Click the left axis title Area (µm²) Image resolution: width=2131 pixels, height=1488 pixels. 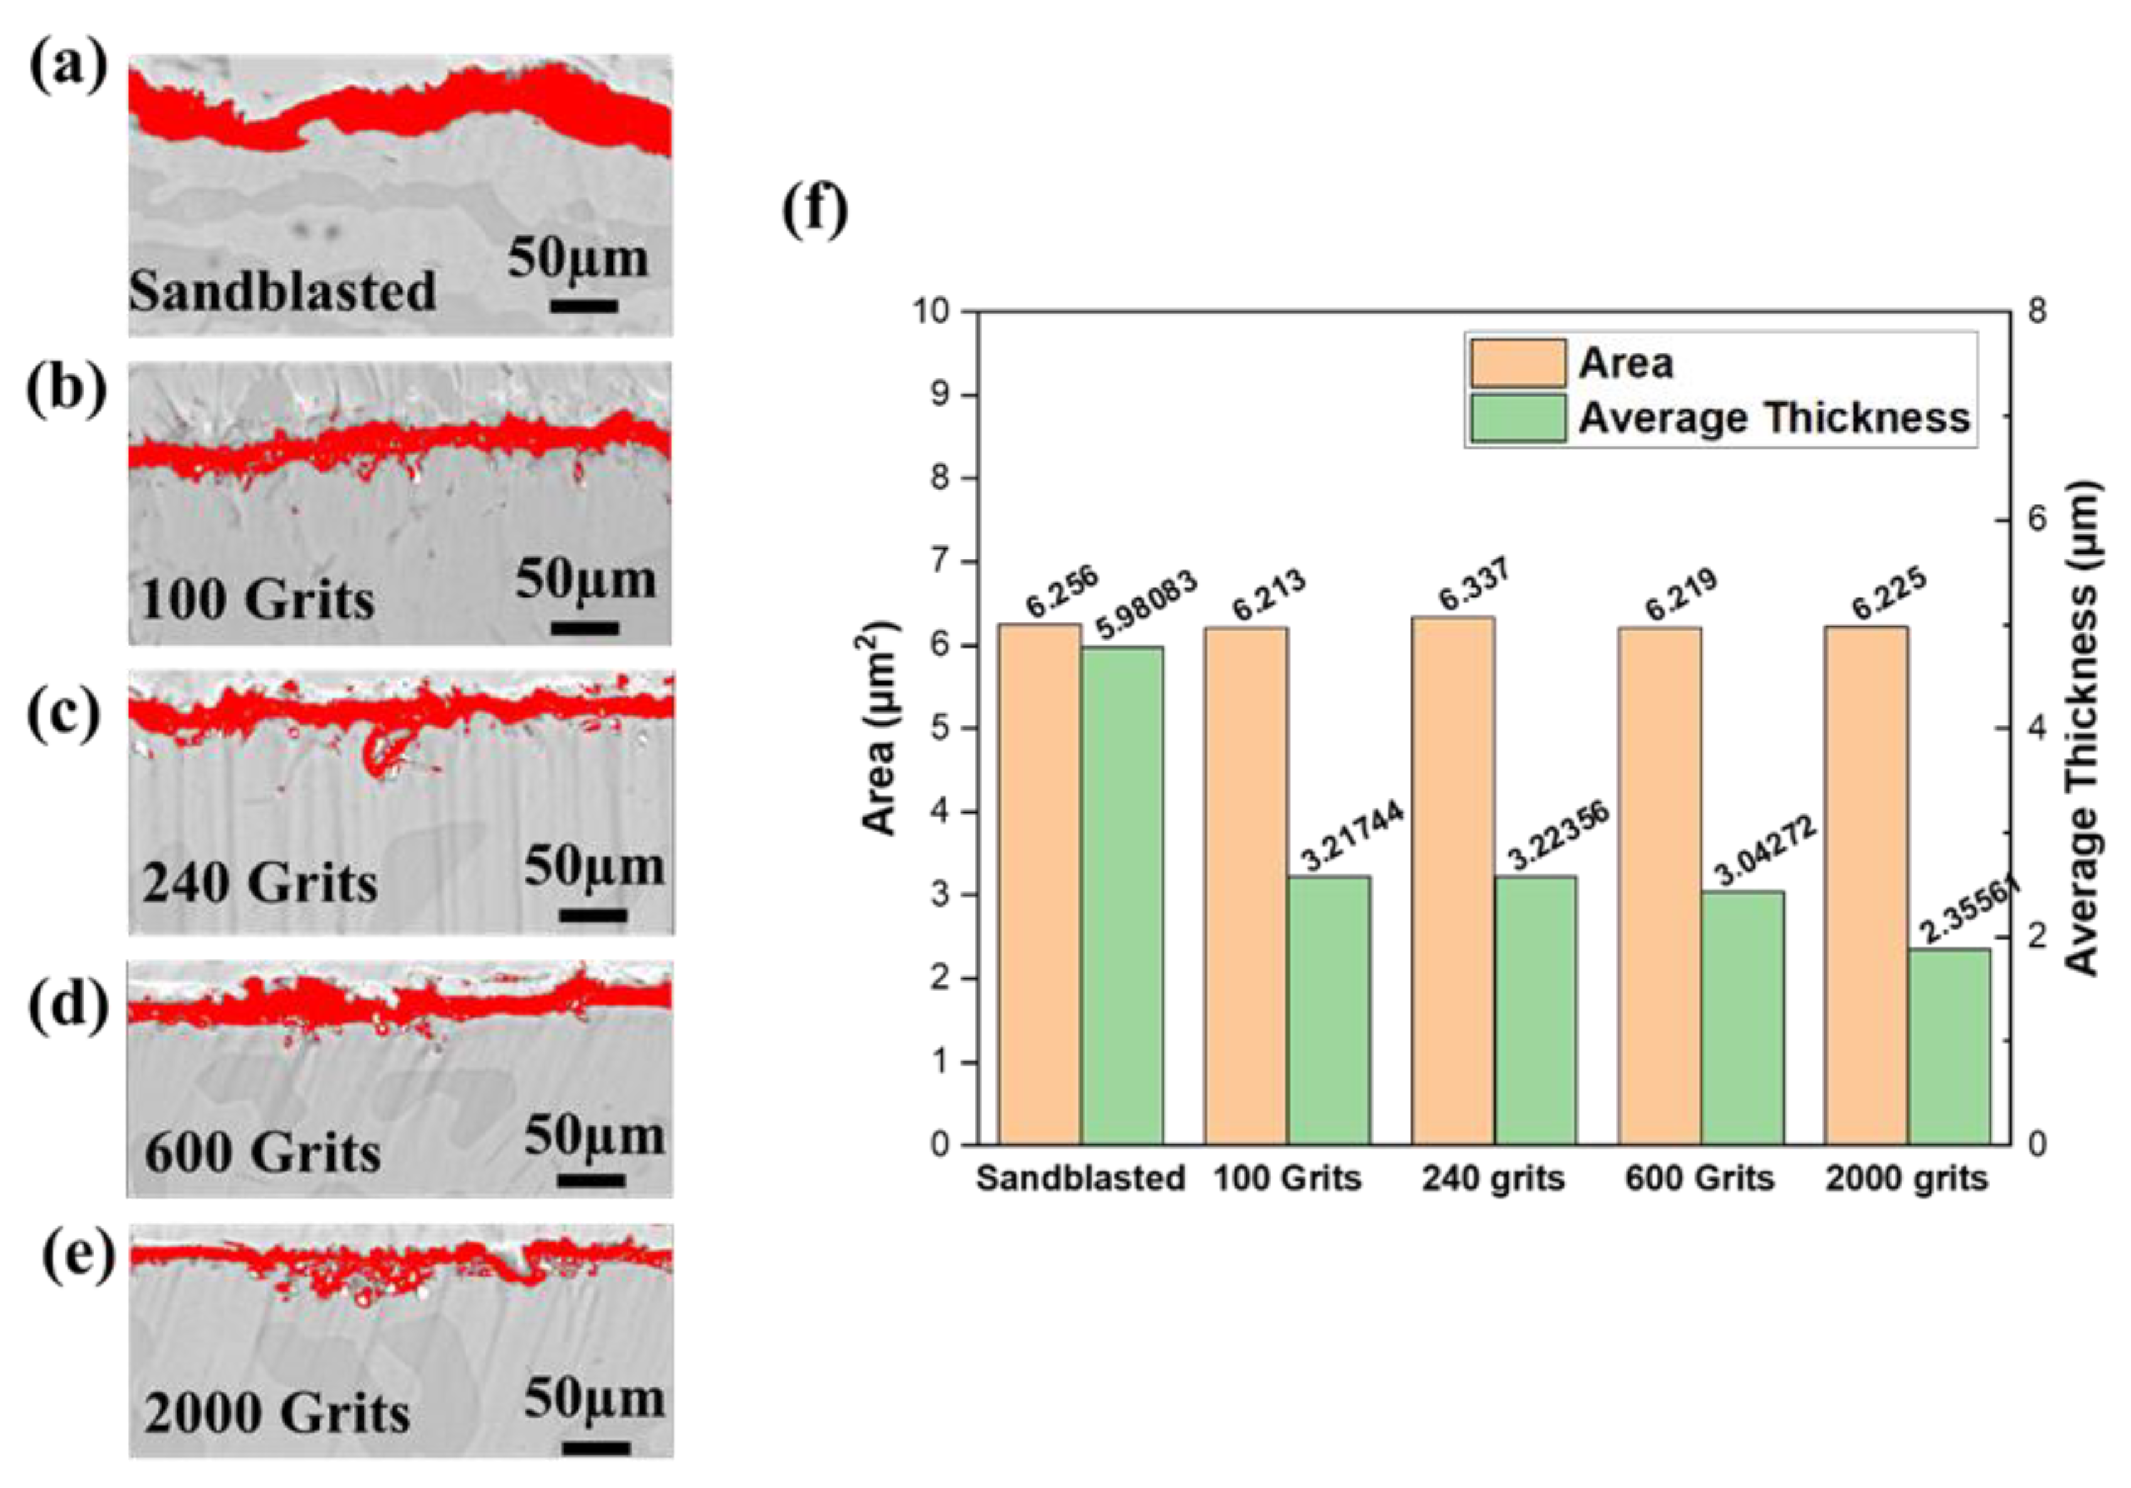[x=880, y=729]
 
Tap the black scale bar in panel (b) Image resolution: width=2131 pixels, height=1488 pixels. [x=584, y=629]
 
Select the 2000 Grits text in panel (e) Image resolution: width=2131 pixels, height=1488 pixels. [x=277, y=1414]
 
